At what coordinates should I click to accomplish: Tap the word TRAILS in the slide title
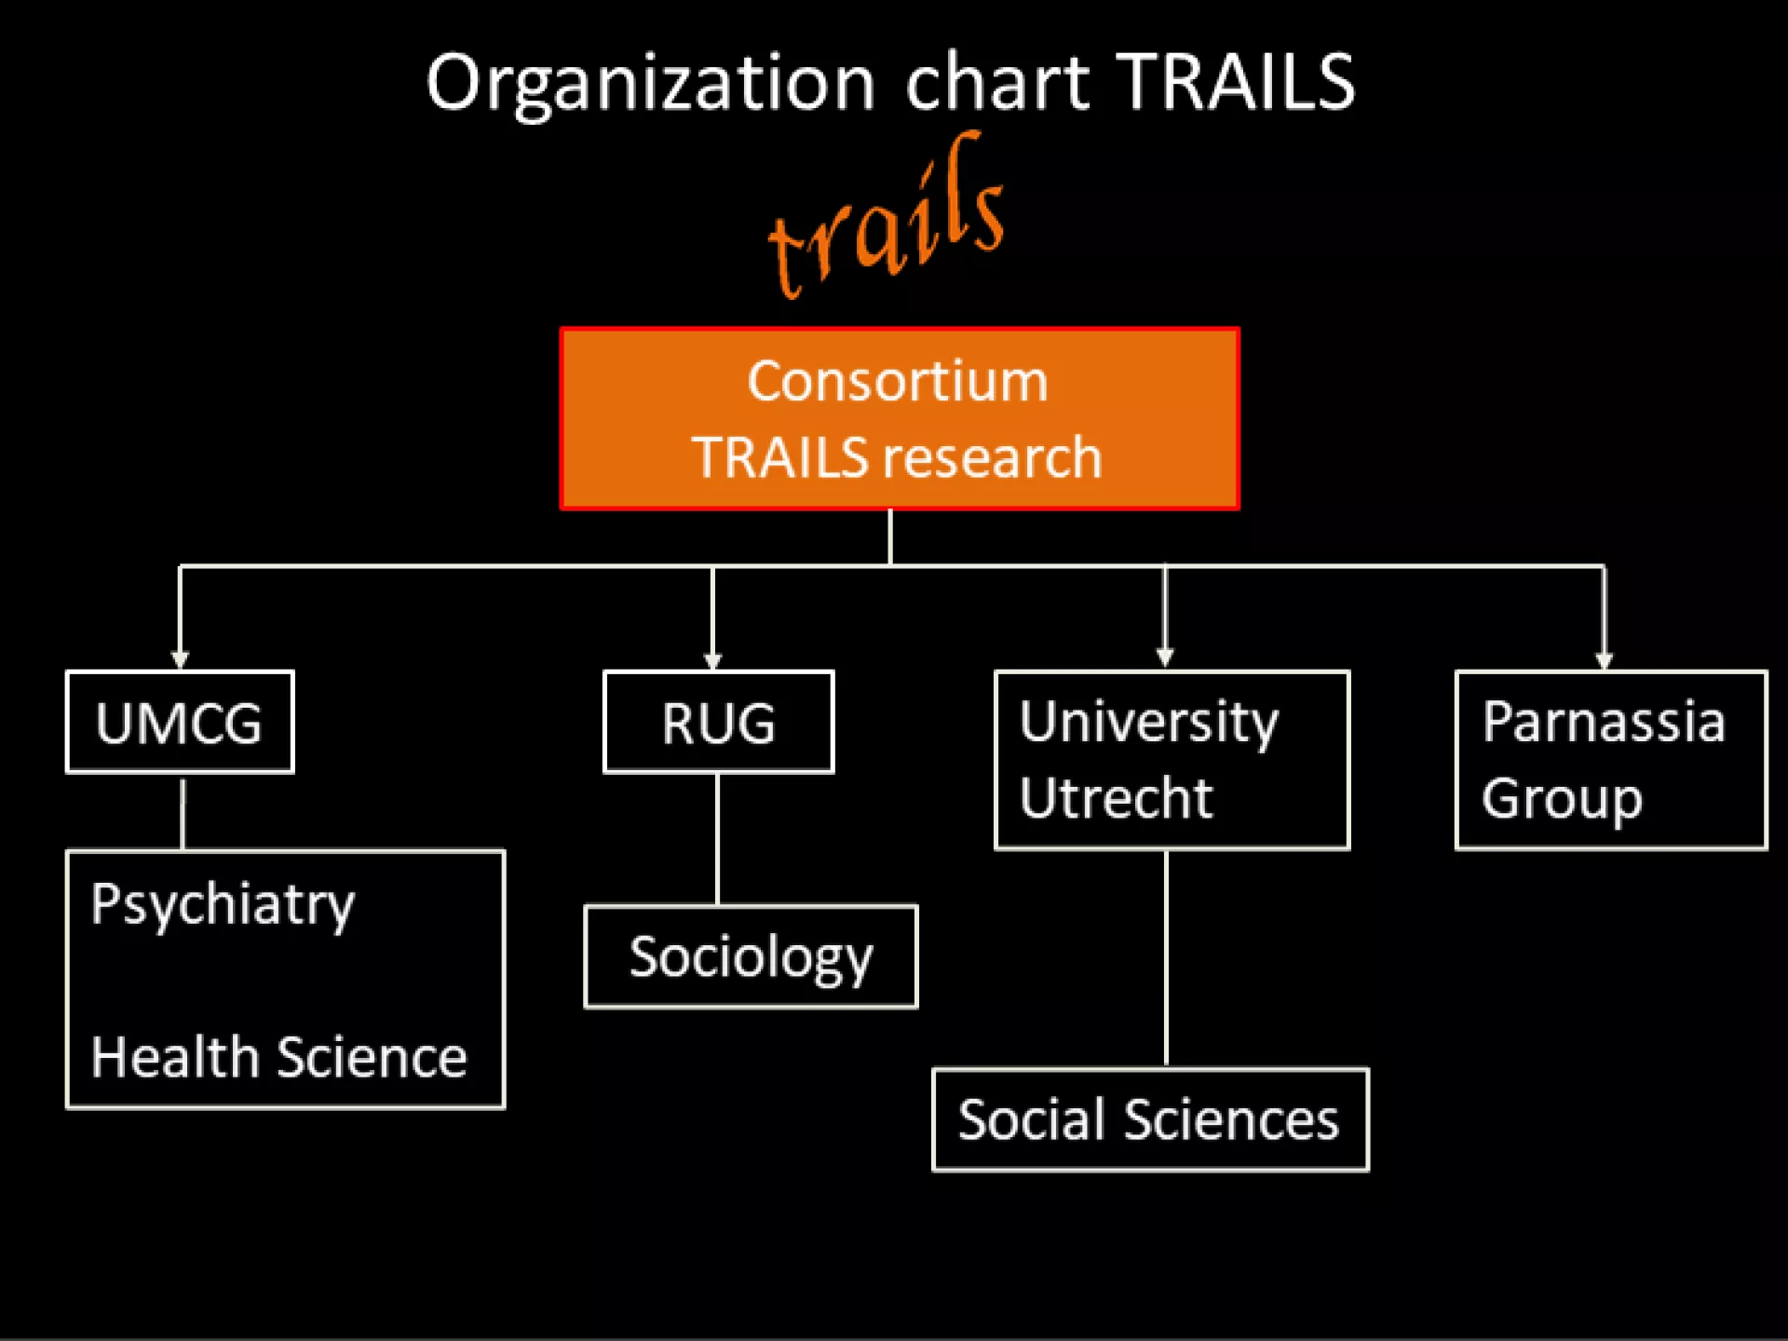(1236, 82)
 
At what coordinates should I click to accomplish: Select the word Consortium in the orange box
(898, 382)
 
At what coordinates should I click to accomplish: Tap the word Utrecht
(1116, 799)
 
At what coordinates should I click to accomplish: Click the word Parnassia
(1604, 722)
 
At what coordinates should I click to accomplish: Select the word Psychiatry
(223, 905)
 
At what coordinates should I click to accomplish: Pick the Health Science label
(278, 1058)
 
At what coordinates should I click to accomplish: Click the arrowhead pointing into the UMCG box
(181, 659)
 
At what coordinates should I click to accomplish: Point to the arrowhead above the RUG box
(713, 659)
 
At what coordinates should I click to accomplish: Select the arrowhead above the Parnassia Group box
(1604, 659)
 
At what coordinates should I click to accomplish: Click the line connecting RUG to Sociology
(717, 839)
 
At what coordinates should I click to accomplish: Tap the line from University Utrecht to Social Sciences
(1166, 959)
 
